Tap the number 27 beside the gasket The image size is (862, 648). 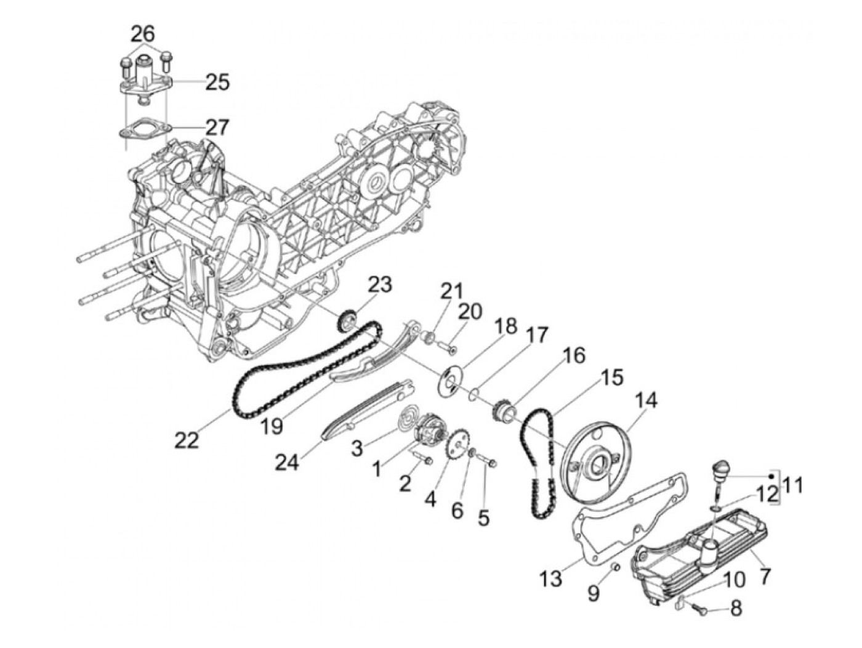[217, 128]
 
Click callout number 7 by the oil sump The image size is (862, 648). [765, 576]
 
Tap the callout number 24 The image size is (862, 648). [288, 461]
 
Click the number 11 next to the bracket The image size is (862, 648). [794, 485]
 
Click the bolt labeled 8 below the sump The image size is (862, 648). [697, 608]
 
